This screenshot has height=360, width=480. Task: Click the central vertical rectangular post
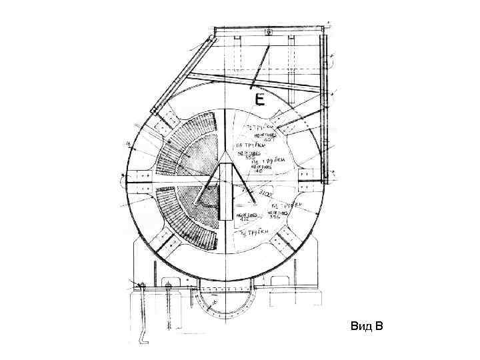227,194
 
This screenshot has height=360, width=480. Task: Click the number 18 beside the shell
127,142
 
